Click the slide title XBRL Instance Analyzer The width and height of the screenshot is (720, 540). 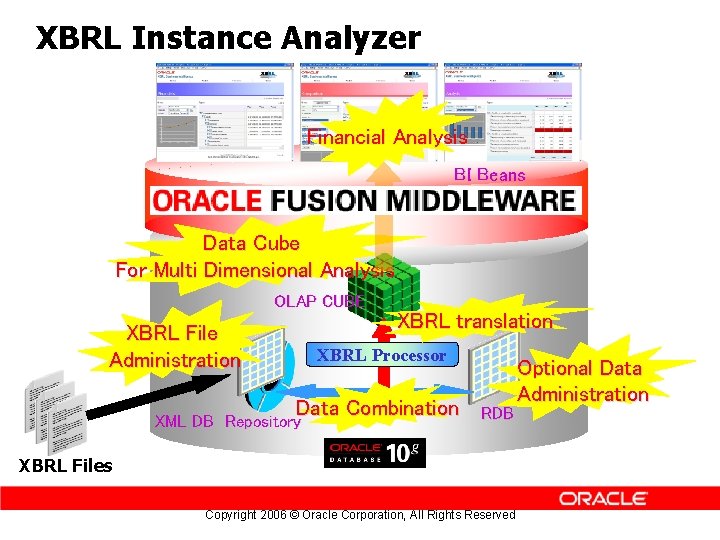(228, 38)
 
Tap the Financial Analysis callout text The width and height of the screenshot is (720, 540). (387, 137)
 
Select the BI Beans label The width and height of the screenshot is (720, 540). (489, 175)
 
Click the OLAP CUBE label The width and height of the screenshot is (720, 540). (316, 301)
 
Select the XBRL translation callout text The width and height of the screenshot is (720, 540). (475, 321)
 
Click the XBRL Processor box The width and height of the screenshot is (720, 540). (381, 355)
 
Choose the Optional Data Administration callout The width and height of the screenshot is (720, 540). (583, 381)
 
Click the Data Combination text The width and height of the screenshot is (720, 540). (377, 407)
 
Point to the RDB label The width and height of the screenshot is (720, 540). (497, 413)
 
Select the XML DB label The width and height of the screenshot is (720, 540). (183, 422)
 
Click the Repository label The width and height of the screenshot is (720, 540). (263, 422)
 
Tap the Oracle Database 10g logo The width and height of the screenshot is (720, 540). (375, 452)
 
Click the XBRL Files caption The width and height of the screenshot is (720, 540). (66, 465)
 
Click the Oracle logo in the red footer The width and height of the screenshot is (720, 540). (603, 498)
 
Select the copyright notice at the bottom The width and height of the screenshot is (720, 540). (360, 515)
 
